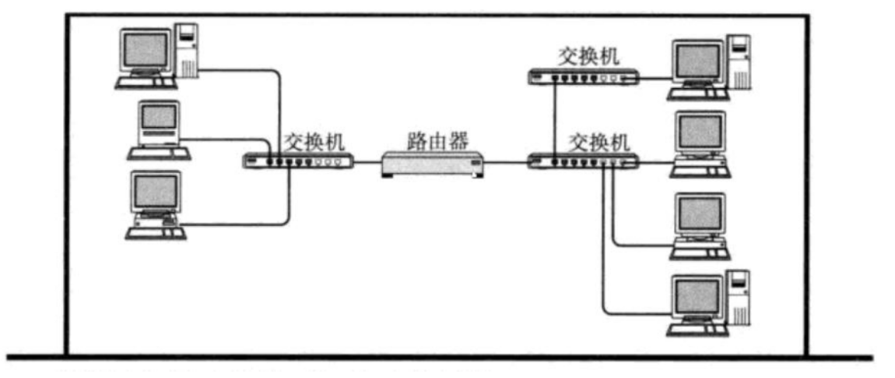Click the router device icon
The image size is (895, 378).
tap(433, 164)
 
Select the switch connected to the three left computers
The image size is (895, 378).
tap(298, 161)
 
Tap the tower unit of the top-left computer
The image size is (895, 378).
tap(188, 51)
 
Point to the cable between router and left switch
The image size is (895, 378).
tap(367, 162)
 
